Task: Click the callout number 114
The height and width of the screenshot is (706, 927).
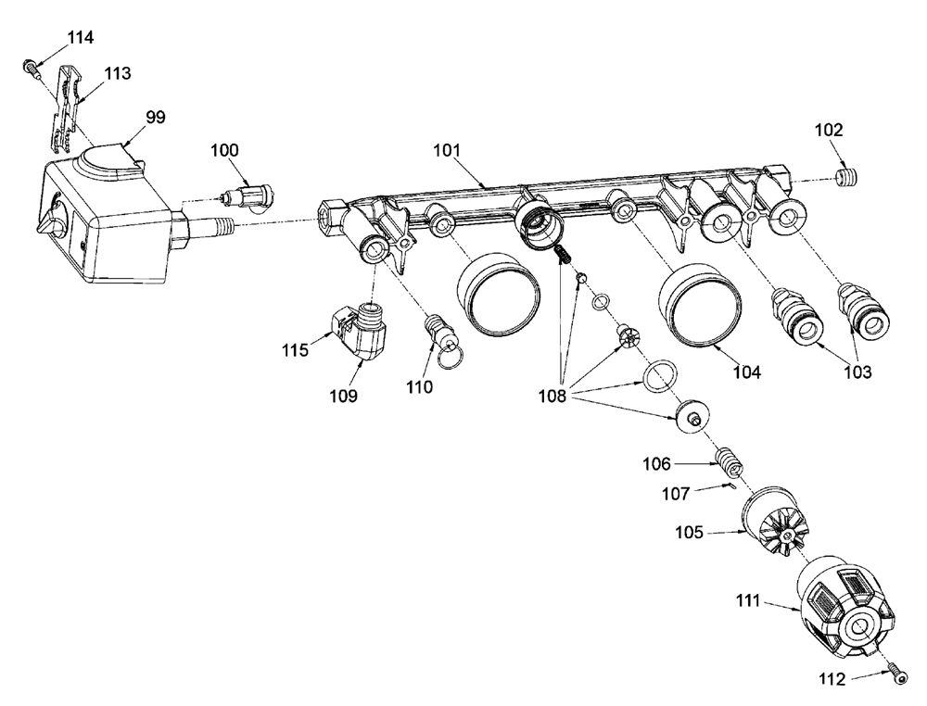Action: pyautogui.click(x=80, y=37)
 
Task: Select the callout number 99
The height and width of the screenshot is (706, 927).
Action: pyautogui.click(x=156, y=117)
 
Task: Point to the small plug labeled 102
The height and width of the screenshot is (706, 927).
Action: pyautogui.click(x=846, y=177)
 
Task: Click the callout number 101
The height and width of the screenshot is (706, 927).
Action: pyautogui.click(x=447, y=150)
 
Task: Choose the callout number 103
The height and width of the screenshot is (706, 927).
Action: pyautogui.click(x=857, y=372)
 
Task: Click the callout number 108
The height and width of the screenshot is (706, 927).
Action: pyautogui.click(x=552, y=396)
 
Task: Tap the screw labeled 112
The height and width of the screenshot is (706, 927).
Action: pyautogui.click(x=897, y=674)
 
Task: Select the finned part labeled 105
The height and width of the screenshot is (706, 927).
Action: pyautogui.click(x=773, y=523)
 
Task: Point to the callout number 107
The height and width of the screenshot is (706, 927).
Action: pyautogui.click(x=677, y=493)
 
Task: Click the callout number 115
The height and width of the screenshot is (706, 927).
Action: pyautogui.click(x=296, y=350)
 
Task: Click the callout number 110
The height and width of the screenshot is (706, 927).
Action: pyautogui.click(x=419, y=387)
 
